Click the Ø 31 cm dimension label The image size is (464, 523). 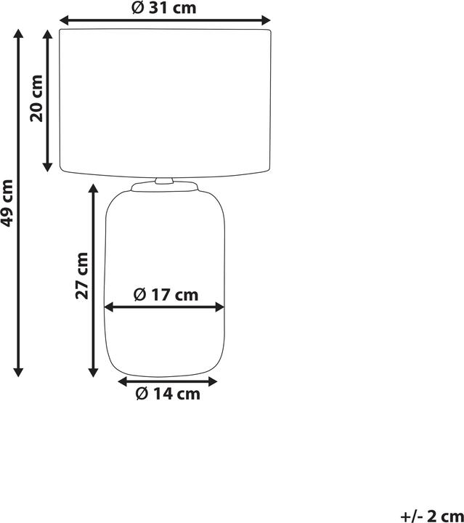tap(164, 8)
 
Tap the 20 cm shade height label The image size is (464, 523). tap(36, 98)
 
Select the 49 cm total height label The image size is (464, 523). tap(7, 203)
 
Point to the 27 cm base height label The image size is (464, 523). tap(82, 276)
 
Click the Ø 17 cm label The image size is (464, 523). tap(166, 294)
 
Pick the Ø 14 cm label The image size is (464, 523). tap(168, 394)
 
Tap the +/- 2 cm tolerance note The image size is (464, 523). tap(431, 516)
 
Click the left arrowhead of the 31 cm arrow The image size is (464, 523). tap(64, 20)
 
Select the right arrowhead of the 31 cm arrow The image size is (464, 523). tap(266, 20)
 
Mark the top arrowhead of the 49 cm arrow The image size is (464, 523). tap(18, 33)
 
